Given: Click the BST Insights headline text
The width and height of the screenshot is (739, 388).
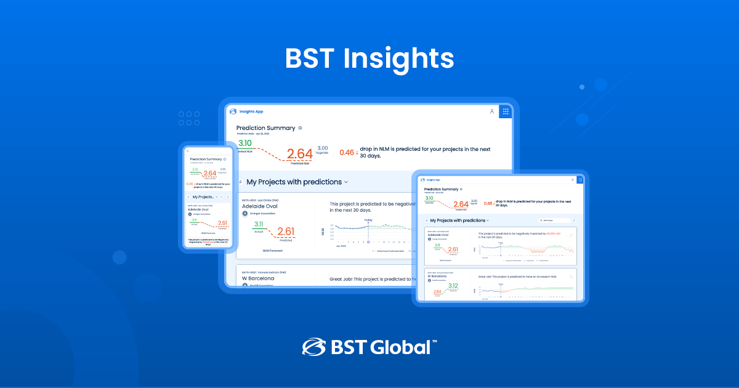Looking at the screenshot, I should point(369,59).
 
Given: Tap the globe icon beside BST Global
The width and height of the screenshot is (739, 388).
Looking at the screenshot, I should point(313,347).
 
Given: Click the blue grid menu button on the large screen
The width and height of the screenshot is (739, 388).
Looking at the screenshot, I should point(506,111).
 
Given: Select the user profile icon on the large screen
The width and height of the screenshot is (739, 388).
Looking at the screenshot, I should point(491,111).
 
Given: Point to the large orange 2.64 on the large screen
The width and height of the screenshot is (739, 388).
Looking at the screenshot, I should point(300,153).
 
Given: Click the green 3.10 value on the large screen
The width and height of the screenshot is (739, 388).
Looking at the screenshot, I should point(245,143).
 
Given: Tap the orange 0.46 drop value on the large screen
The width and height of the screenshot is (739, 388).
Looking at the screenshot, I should point(347,152).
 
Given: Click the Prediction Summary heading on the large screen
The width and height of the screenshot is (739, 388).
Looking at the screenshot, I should point(265,128).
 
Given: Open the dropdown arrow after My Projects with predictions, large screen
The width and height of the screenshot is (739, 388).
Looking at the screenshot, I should point(346,182).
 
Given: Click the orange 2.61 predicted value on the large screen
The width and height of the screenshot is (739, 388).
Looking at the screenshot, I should point(286,232).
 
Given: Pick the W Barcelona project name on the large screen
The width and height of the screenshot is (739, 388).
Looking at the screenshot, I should point(259,278).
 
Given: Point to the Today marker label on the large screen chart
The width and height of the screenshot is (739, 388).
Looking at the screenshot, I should point(368,220).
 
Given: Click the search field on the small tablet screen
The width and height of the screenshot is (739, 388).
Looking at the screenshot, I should point(553,220).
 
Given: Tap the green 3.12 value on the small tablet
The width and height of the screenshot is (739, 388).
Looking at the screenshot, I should point(453,286).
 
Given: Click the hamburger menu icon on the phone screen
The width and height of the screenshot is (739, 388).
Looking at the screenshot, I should point(188,151).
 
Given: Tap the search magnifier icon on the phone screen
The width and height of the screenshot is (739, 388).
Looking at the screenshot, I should point(221,197).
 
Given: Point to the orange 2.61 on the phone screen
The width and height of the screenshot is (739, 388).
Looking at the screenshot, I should point(222,223).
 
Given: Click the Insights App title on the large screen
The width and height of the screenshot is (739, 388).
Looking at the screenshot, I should point(251,111).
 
